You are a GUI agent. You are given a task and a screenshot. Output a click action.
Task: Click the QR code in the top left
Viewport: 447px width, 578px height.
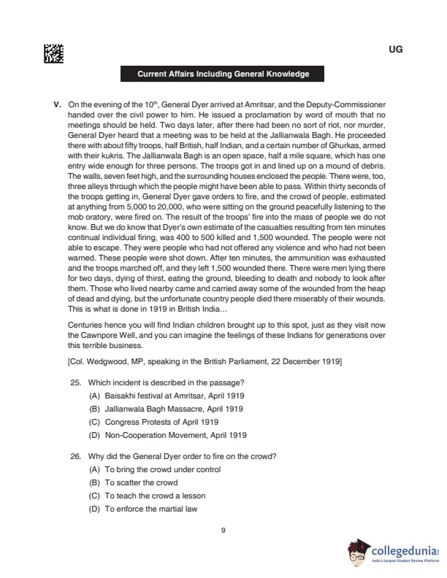[53, 53]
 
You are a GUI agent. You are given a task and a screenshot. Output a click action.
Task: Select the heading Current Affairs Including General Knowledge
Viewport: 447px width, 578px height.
[223, 74]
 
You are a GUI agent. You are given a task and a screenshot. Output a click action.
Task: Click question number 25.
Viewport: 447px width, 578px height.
[75, 382]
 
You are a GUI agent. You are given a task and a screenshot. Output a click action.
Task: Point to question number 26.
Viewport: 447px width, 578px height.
[75, 456]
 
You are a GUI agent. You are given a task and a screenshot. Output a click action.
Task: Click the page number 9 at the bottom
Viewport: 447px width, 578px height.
[223, 530]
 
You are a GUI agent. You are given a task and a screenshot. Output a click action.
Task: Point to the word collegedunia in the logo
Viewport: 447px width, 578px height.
[402, 548]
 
